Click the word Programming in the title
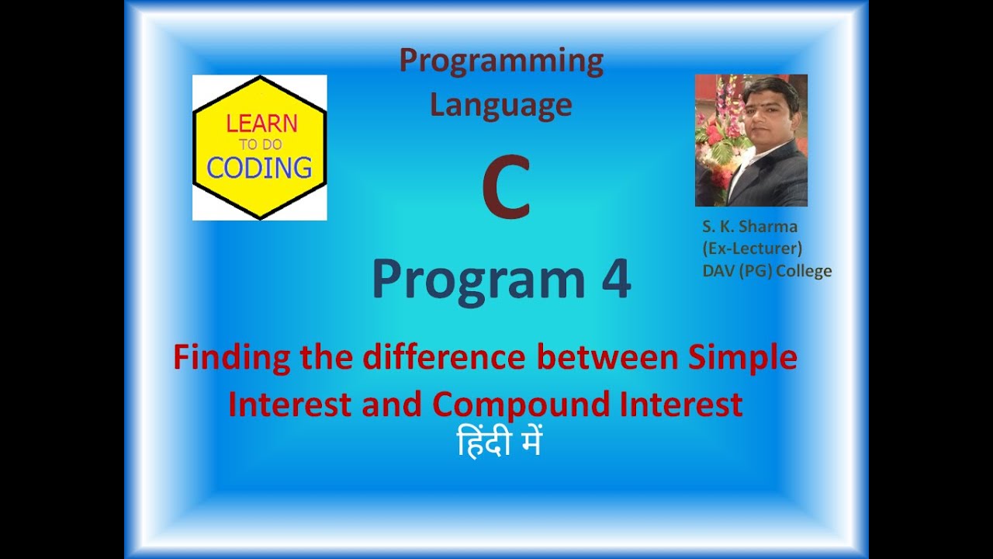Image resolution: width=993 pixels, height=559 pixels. click(501, 63)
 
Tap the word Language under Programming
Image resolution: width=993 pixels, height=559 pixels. click(501, 106)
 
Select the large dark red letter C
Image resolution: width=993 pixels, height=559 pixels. click(507, 187)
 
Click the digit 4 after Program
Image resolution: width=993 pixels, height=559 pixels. click(616, 278)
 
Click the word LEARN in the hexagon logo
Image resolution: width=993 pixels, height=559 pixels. click(261, 123)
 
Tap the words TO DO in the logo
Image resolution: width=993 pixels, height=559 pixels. click(261, 144)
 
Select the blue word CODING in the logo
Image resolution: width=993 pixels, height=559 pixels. click(259, 168)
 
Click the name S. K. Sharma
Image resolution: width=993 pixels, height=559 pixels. click(749, 227)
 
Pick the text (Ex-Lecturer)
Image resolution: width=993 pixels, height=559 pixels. click(753, 248)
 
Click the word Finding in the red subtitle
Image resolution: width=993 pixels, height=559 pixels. click(231, 359)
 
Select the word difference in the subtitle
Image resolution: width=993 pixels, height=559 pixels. click(444, 358)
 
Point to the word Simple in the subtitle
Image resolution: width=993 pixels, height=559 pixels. click(743, 359)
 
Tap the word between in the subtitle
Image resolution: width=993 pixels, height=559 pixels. click(607, 358)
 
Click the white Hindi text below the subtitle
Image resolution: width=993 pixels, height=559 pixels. click(499, 442)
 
